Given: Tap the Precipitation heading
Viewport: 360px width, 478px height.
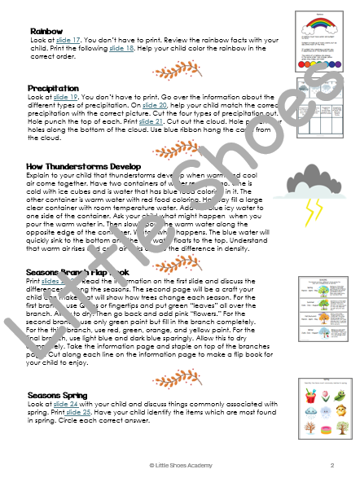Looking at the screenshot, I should [x=53, y=87].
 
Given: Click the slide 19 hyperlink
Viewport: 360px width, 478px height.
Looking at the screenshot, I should [x=61, y=95].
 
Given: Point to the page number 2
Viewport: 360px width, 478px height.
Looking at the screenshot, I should [x=333, y=465].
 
